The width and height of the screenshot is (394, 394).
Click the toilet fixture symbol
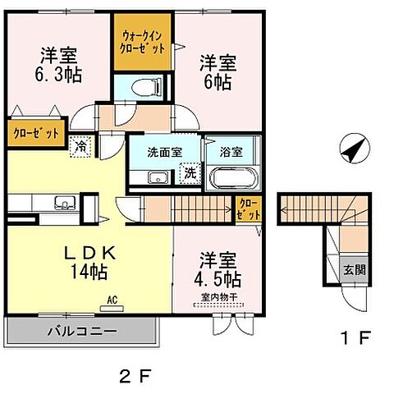pos(146,88)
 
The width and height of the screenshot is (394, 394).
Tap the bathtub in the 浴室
pos(233,178)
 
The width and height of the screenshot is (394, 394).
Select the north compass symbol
pos(355,149)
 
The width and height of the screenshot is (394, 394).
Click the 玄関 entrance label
pos(355,270)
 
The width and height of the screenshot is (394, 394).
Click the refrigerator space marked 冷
pos(80,147)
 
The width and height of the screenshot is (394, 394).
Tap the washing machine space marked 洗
pos(190,173)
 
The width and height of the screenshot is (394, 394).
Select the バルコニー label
pos(82,332)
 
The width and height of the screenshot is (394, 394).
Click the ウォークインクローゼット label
pos(142,42)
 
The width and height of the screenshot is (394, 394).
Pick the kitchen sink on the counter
pos(65,203)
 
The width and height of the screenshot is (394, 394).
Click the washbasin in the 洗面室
pos(158,177)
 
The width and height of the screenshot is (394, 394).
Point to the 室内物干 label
pos(219,297)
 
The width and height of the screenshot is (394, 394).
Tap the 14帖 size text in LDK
pos(89,272)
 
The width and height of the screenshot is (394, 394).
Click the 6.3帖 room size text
pos(58,75)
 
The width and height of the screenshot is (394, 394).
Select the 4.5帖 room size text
pos(218,279)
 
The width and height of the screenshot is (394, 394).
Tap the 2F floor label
pos(135,376)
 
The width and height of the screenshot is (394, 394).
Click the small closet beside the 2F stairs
pos(249,209)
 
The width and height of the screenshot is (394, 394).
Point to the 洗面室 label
pos(165,152)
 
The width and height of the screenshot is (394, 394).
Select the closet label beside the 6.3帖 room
pos(36,133)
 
